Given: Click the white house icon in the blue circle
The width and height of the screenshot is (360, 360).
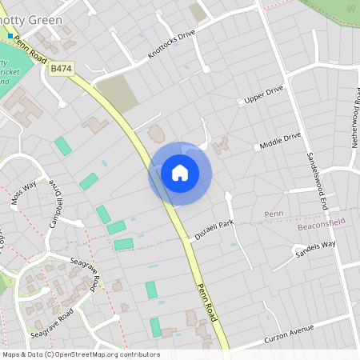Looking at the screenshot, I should [x=180, y=172].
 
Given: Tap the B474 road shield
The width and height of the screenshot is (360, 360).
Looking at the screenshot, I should [x=62, y=70].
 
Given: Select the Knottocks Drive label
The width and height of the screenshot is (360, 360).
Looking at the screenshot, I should [x=171, y=46].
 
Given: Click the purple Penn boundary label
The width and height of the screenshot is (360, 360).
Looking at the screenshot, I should [x=274, y=214].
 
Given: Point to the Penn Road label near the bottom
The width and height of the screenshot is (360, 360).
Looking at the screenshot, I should [x=208, y=301].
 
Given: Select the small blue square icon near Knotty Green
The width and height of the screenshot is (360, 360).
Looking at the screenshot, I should [x=10, y=37].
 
